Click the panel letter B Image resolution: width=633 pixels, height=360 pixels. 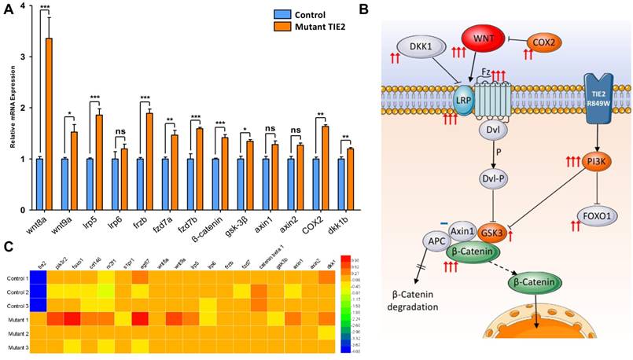[362, 9]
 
